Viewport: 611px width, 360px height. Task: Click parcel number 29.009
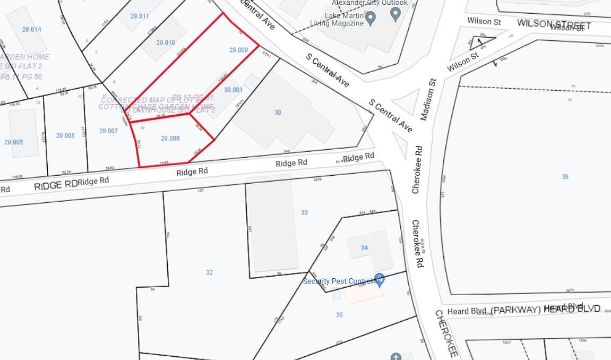tap(238, 50)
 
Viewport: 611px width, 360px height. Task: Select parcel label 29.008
tap(170, 139)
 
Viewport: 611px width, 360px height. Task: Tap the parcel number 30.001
tap(233, 90)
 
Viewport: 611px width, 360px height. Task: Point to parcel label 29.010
tap(166, 42)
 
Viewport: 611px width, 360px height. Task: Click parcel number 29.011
tap(140, 16)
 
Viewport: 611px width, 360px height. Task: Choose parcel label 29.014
tap(32, 29)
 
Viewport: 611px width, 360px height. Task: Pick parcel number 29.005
tap(14, 142)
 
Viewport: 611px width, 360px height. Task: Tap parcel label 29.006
tap(65, 135)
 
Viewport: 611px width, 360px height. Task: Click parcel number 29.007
tap(108, 131)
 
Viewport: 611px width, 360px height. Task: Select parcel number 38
tap(565, 177)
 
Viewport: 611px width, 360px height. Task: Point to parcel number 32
tap(209, 272)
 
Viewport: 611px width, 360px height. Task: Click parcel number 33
tap(304, 212)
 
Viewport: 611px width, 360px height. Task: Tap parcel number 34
tap(364, 247)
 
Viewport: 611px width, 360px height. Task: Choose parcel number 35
tap(340, 314)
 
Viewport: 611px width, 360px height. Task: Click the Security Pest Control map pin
tap(379, 278)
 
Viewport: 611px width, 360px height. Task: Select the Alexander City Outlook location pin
tap(395, 14)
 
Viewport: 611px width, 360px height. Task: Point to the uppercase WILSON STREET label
tap(554, 25)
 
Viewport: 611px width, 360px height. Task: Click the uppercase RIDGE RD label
tap(56, 185)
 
